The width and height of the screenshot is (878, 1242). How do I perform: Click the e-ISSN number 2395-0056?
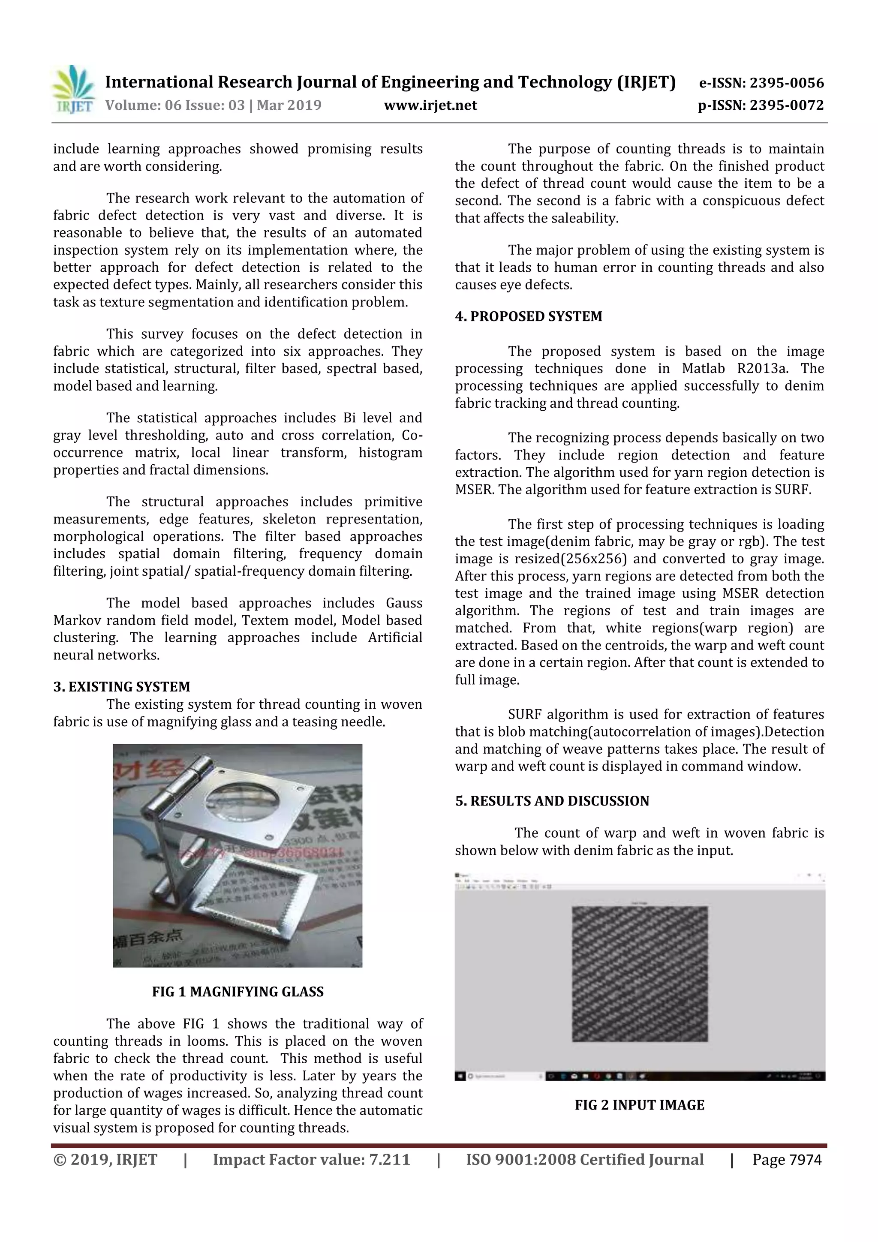coord(786,83)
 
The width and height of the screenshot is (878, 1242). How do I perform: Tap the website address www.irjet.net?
coord(430,105)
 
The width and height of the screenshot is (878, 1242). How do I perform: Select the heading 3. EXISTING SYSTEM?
coord(122,686)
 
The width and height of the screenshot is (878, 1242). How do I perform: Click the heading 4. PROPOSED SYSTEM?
coord(528,316)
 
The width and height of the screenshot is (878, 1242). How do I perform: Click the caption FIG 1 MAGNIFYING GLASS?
coord(238,992)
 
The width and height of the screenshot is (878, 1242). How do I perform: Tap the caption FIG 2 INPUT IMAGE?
coord(640,1105)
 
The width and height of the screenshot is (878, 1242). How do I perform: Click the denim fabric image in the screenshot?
coord(640,974)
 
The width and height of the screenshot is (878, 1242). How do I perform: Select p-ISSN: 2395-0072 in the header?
coord(761,105)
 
